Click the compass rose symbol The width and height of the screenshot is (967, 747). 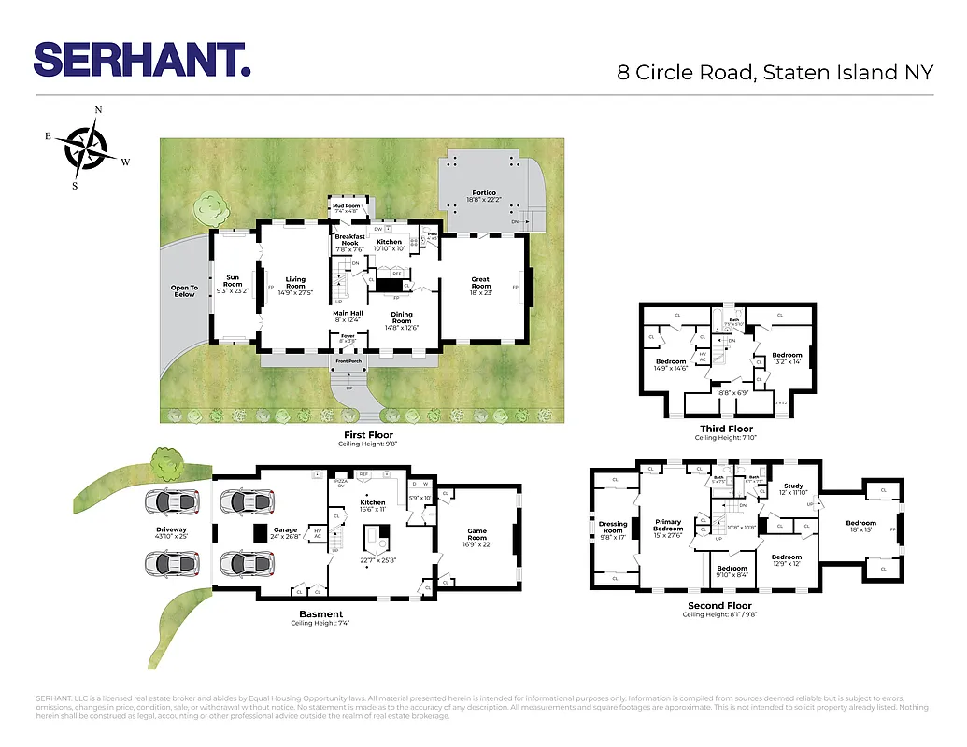(x=86, y=147)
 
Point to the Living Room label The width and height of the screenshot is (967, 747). (x=295, y=281)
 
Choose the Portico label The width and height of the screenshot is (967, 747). (x=483, y=193)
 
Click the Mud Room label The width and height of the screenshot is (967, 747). (x=346, y=206)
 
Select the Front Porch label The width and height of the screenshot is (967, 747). (x=348, y=361)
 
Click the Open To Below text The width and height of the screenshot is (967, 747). (x=184, y=291)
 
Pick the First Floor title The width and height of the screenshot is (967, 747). (x=368, y=435)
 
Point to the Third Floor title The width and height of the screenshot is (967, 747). (x=726, y=429)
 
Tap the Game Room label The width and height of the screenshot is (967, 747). (x=476, y=535)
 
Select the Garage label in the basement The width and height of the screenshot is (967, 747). (x=285, y=529)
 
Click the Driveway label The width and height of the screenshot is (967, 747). (x=171, y=532)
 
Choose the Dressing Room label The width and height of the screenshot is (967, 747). (x=613, y=527)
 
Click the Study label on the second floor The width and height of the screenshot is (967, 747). (x=793, y=486)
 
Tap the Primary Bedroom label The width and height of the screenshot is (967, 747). (x=668, y=526)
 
